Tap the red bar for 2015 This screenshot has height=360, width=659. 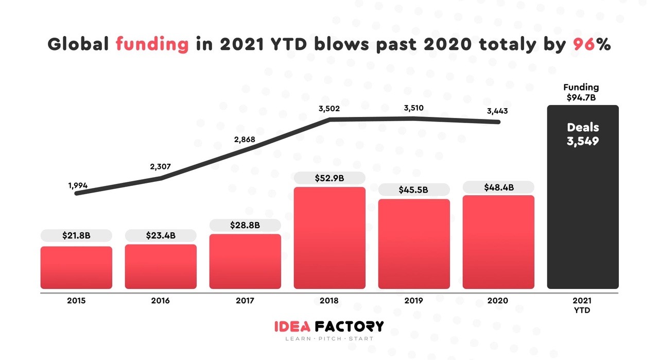click(76, 267)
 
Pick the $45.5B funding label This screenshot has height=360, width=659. click(413, 190)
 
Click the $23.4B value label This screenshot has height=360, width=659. click(161, 235)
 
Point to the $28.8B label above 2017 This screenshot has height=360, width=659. click(245, 225)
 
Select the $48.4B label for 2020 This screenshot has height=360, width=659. click(498, 187)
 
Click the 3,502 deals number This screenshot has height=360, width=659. click(329, 109)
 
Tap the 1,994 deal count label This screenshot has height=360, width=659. click(78, 184)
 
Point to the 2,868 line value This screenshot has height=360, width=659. click(245, 139)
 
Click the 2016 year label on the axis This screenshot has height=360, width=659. click(161, 301)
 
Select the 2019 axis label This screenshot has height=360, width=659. click(413, 301)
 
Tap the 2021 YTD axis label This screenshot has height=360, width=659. click(582, 305)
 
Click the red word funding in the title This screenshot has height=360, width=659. click(152, 44)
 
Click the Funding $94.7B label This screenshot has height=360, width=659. click(581, 92)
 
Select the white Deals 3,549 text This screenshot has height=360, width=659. click(582, 134)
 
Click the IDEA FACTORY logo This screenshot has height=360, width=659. click(329, 327)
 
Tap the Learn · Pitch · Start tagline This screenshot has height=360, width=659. click(329, 339)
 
